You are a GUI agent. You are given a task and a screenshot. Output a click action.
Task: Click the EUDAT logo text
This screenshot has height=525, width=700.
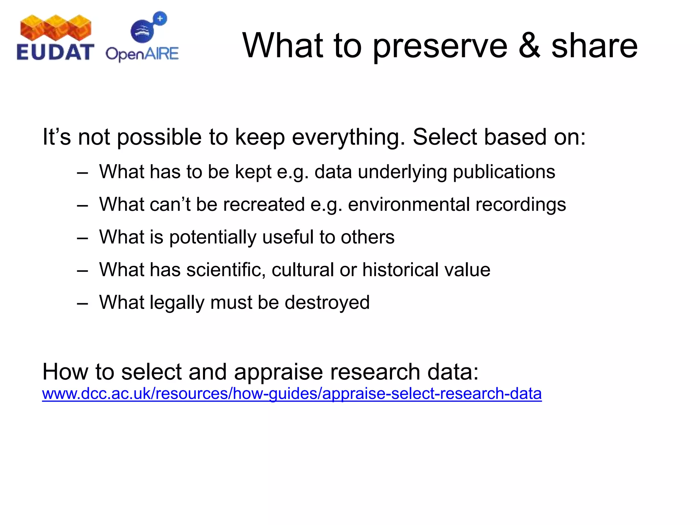tap(55, 53)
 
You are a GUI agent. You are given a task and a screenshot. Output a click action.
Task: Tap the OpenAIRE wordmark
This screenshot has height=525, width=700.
tap(142, 54)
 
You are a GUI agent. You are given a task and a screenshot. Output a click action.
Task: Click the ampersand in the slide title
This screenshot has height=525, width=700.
tap(529, 46)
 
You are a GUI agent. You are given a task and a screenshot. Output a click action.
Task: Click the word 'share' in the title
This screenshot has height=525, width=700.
tap(594, 46)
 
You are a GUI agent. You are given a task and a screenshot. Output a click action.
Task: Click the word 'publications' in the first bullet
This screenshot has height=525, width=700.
tap(504, 172)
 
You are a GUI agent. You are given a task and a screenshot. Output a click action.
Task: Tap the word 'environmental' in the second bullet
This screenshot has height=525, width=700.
tap(409, 204)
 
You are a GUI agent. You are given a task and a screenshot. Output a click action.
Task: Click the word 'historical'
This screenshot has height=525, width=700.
tap(400, 270)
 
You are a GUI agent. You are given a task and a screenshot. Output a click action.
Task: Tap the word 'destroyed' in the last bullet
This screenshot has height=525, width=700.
tap(327, 302)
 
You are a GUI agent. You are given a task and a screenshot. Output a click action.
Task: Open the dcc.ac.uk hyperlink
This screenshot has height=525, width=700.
tap(292, 394)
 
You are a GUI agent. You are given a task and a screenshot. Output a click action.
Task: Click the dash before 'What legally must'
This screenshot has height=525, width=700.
tap(82, 303)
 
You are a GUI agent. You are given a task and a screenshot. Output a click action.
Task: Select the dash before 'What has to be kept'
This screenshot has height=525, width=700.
tap(82, 173)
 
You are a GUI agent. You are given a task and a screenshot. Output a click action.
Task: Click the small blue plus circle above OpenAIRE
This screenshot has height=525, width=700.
tap(160, 18)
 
